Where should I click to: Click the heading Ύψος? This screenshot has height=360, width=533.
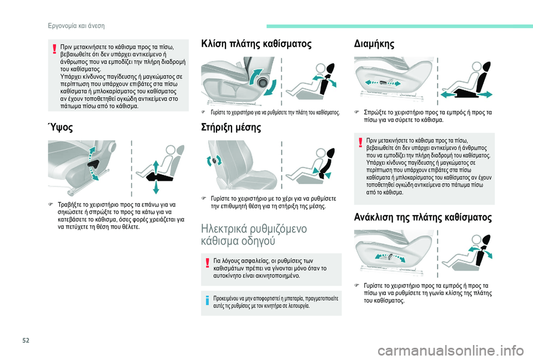60,128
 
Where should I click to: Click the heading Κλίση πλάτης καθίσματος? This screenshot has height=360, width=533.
256,44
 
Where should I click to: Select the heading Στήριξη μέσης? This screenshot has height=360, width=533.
231,128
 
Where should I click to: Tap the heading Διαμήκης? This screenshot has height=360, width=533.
374,44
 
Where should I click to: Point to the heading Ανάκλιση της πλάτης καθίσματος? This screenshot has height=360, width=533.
423,217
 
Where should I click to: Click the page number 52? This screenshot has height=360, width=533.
26,340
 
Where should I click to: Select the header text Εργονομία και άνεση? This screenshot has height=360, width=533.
76,26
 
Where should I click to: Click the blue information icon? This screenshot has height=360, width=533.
207,300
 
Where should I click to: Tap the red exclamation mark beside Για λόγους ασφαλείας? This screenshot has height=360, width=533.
207,263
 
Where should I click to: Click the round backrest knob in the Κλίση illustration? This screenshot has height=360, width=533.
262,82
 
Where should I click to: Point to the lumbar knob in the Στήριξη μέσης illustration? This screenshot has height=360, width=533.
214,160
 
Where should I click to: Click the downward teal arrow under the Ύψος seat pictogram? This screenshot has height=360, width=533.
155,187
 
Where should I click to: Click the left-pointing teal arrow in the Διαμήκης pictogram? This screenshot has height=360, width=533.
447,95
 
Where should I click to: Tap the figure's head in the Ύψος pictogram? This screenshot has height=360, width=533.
170,150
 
